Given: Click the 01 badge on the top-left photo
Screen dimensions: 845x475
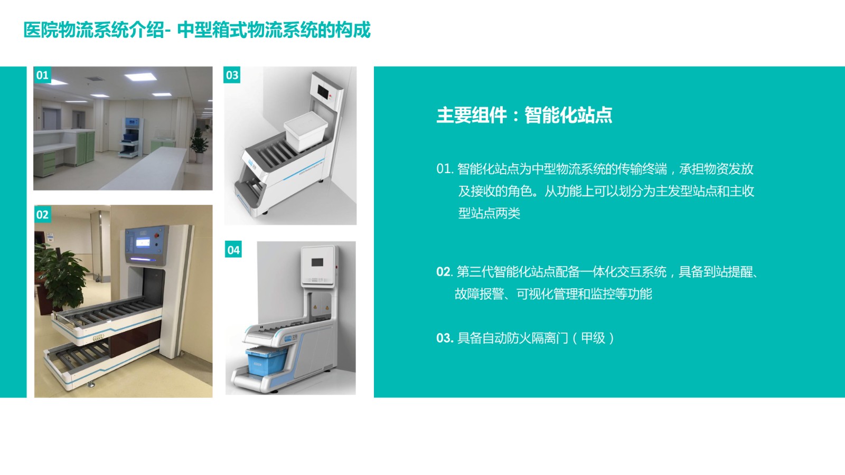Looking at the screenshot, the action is pyautogui.click(x=42, y=75).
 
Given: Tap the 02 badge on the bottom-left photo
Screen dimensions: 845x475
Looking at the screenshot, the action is pyautogui.click(x=42, y=214).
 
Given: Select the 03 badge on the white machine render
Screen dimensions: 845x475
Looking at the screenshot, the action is pyautogui.click(x=232, y=75).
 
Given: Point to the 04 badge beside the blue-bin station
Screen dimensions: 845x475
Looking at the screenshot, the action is pyautogui.click(x=233, y=250).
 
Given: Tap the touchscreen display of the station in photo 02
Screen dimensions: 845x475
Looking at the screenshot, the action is pyautogui.click(x=143, y=242).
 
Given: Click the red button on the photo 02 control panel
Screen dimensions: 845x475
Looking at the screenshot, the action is pyautogui.click(x=157, y=235).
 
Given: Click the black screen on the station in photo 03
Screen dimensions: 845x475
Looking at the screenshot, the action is pyautogui.click(x=323, y=92).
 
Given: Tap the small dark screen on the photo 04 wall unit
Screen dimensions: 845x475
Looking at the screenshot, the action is pyautogui.click(x=317, y=262).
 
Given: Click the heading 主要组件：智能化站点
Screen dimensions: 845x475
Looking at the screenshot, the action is pyautogui.click(x=524, y=115).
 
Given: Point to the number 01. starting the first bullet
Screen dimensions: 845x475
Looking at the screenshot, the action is pyautogui.click(x=445, y=168).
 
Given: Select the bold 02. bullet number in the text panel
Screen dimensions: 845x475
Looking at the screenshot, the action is pyautogui.click(x=444, y=272).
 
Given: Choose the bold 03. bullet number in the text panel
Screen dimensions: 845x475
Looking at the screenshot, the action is pyautogui.click(x=445, y=338).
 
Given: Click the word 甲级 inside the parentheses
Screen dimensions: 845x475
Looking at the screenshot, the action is pyautogui.click(x=593, y=338).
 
